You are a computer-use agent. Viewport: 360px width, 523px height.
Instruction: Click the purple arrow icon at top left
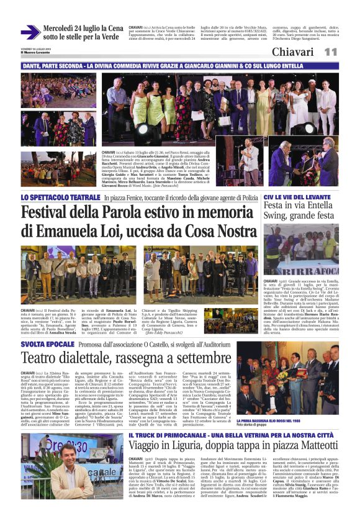30,32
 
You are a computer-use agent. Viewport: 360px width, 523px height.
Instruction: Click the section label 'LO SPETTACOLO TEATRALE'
60,198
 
